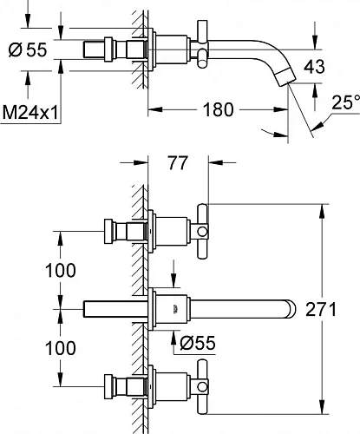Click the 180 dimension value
(x=218, y=110)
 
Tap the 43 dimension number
(x=314, y=67)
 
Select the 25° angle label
(x=346, y=102)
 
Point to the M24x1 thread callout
(x=30, y=112)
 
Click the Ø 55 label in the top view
(x=28, y=49)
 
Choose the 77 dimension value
(x=178, y=163)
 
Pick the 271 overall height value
(x=321, y=309)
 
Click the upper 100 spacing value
(x=61, y=270)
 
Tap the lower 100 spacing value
(x=61, y=347)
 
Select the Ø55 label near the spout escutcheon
(x=198, y=343)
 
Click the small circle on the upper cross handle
(x=202, y=232)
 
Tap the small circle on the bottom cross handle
(x=202, y=387)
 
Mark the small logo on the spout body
(x=174, y=309)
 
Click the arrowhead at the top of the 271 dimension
(x=321, y=212)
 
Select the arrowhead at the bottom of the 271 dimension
(x=321, y=407)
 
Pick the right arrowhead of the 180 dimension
(x=281, y=109)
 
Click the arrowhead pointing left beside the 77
(x=215, y=162)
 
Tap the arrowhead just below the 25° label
(x=317, y=126)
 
